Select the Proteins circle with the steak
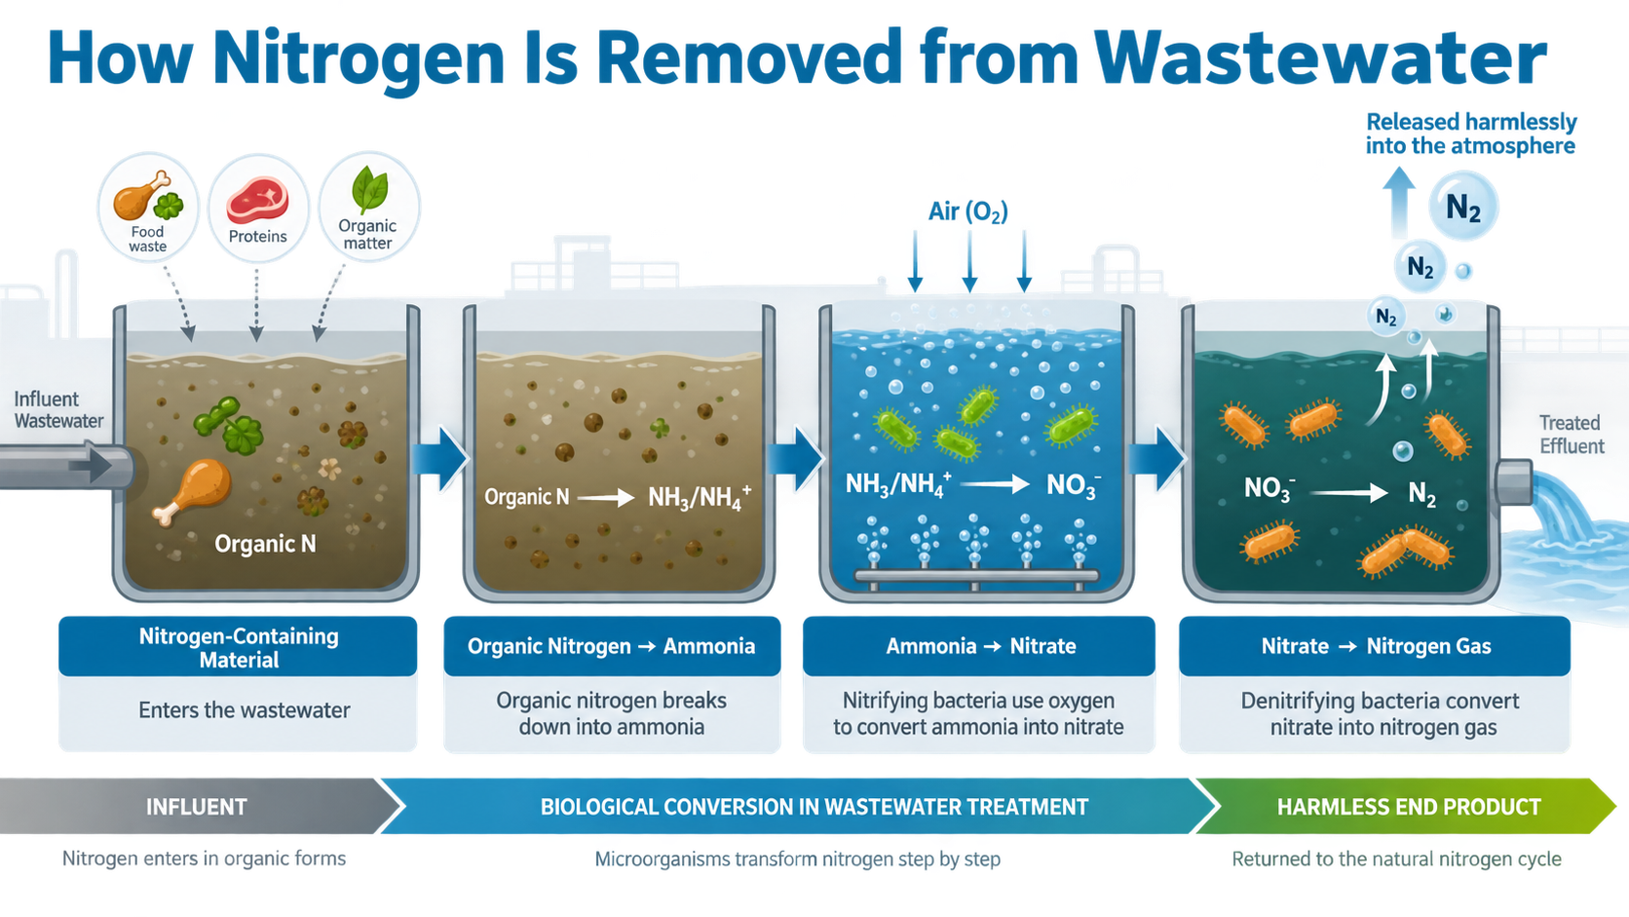(258, 208)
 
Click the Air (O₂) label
(967, 211)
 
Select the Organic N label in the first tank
(265, 543)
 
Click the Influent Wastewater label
(58, 409)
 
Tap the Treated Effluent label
(1571, 435)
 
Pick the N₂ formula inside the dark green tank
(1421, 493)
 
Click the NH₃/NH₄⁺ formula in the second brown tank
(700, 497)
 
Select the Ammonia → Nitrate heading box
(979, 646)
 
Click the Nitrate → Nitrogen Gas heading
(1376, 646)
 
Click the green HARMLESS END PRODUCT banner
(1407, 806)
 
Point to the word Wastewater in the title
(1320, 58)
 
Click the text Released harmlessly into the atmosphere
(1470, 134)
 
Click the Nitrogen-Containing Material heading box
(238, 646)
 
